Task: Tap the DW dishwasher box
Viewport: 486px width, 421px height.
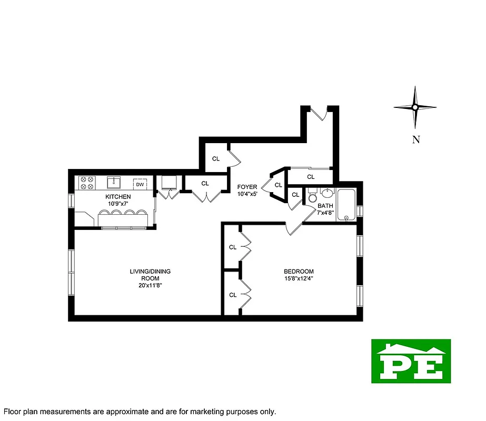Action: [140, 184]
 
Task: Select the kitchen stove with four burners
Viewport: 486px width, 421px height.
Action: [86, 183]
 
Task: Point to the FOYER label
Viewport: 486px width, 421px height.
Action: [247, 187]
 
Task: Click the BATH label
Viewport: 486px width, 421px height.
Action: [325, 206]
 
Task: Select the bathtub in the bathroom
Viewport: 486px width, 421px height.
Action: [346, 205]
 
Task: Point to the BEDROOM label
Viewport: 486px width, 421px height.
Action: [299, 272]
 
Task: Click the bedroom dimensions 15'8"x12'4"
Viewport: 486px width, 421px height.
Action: [299, 279]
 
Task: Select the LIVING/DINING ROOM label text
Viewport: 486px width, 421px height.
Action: [150, 275]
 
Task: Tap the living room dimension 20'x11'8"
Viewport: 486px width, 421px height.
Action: [150, 286]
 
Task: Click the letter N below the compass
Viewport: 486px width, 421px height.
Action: [415, 140]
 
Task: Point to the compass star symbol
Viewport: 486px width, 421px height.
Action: [415, 107]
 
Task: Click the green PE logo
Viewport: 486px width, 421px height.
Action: [411, 361]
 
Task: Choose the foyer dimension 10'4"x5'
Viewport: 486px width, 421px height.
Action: [247, 194]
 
